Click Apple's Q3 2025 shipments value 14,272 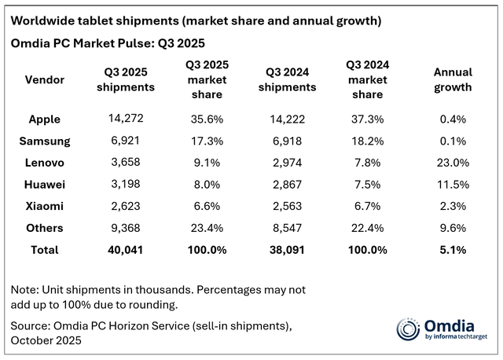click(126, 119)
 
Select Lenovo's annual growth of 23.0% click(453, 163)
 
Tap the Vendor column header click(46, 79)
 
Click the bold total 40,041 click(126, 250)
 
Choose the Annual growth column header click(453, 79)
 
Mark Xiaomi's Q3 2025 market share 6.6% click(205, 207)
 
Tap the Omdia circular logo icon click(409, 329)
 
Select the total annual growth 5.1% click(453, 250)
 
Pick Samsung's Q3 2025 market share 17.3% click(205, 141)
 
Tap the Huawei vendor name click(46, 186)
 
